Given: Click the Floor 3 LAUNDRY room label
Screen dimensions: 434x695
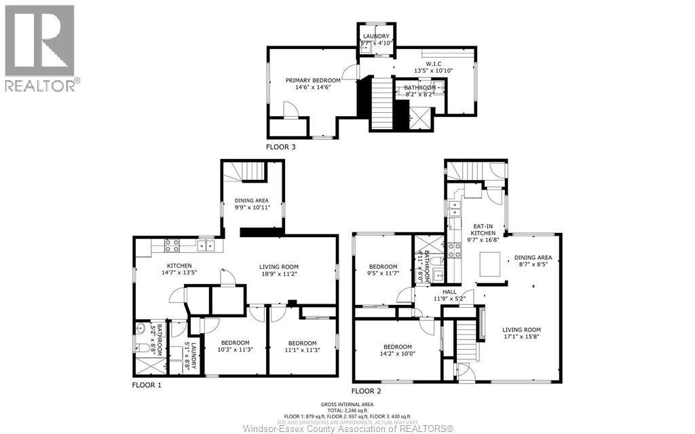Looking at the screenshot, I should coord(375,39).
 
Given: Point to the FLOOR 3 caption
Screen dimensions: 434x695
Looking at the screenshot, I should coord(281,146).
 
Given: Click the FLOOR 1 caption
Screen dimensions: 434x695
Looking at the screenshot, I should coord(147,384).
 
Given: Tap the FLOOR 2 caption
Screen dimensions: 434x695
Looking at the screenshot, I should coord(366,391).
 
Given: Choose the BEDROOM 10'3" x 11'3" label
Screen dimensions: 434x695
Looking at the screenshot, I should coord(234,346).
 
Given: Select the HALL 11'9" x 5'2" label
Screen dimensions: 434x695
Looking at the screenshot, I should coord(449,294).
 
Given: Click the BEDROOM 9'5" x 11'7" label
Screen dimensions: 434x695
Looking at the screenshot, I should coord(383,269).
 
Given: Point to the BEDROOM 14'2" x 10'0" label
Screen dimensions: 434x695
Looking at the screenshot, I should coord(397,350).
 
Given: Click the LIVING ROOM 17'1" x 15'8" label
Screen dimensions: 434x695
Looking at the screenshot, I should coord(523,333).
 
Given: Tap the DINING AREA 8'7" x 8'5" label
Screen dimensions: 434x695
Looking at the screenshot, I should coord(533,261).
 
